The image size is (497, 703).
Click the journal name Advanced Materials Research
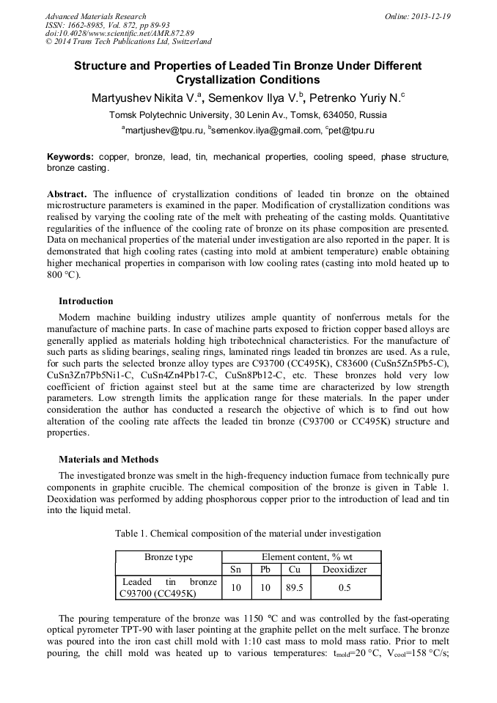pyautogui.click(x=95, y=16)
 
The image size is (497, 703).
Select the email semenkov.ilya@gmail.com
pyautogui.click(x=267, y=130)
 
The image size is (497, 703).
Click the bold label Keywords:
pyautogui.click(x=70, y=157)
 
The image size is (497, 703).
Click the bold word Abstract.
pyautogui.click(x=67, y=194)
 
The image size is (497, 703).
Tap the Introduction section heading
pyautogui.click(x=86, y=301)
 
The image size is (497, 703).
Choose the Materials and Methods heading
pyautogui.click(x=108, y=460)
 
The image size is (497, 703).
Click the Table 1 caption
pyautogui.click(x=248, y=534)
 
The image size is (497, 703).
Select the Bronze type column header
pyautogui.click(x=169, y=557)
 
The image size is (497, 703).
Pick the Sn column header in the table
pyautogui.click(x=236, y=570)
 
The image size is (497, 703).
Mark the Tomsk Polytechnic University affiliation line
pyautogui.click(x=248, y=115)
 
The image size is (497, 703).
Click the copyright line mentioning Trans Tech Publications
pyautogui.click(x=128, y=42)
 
